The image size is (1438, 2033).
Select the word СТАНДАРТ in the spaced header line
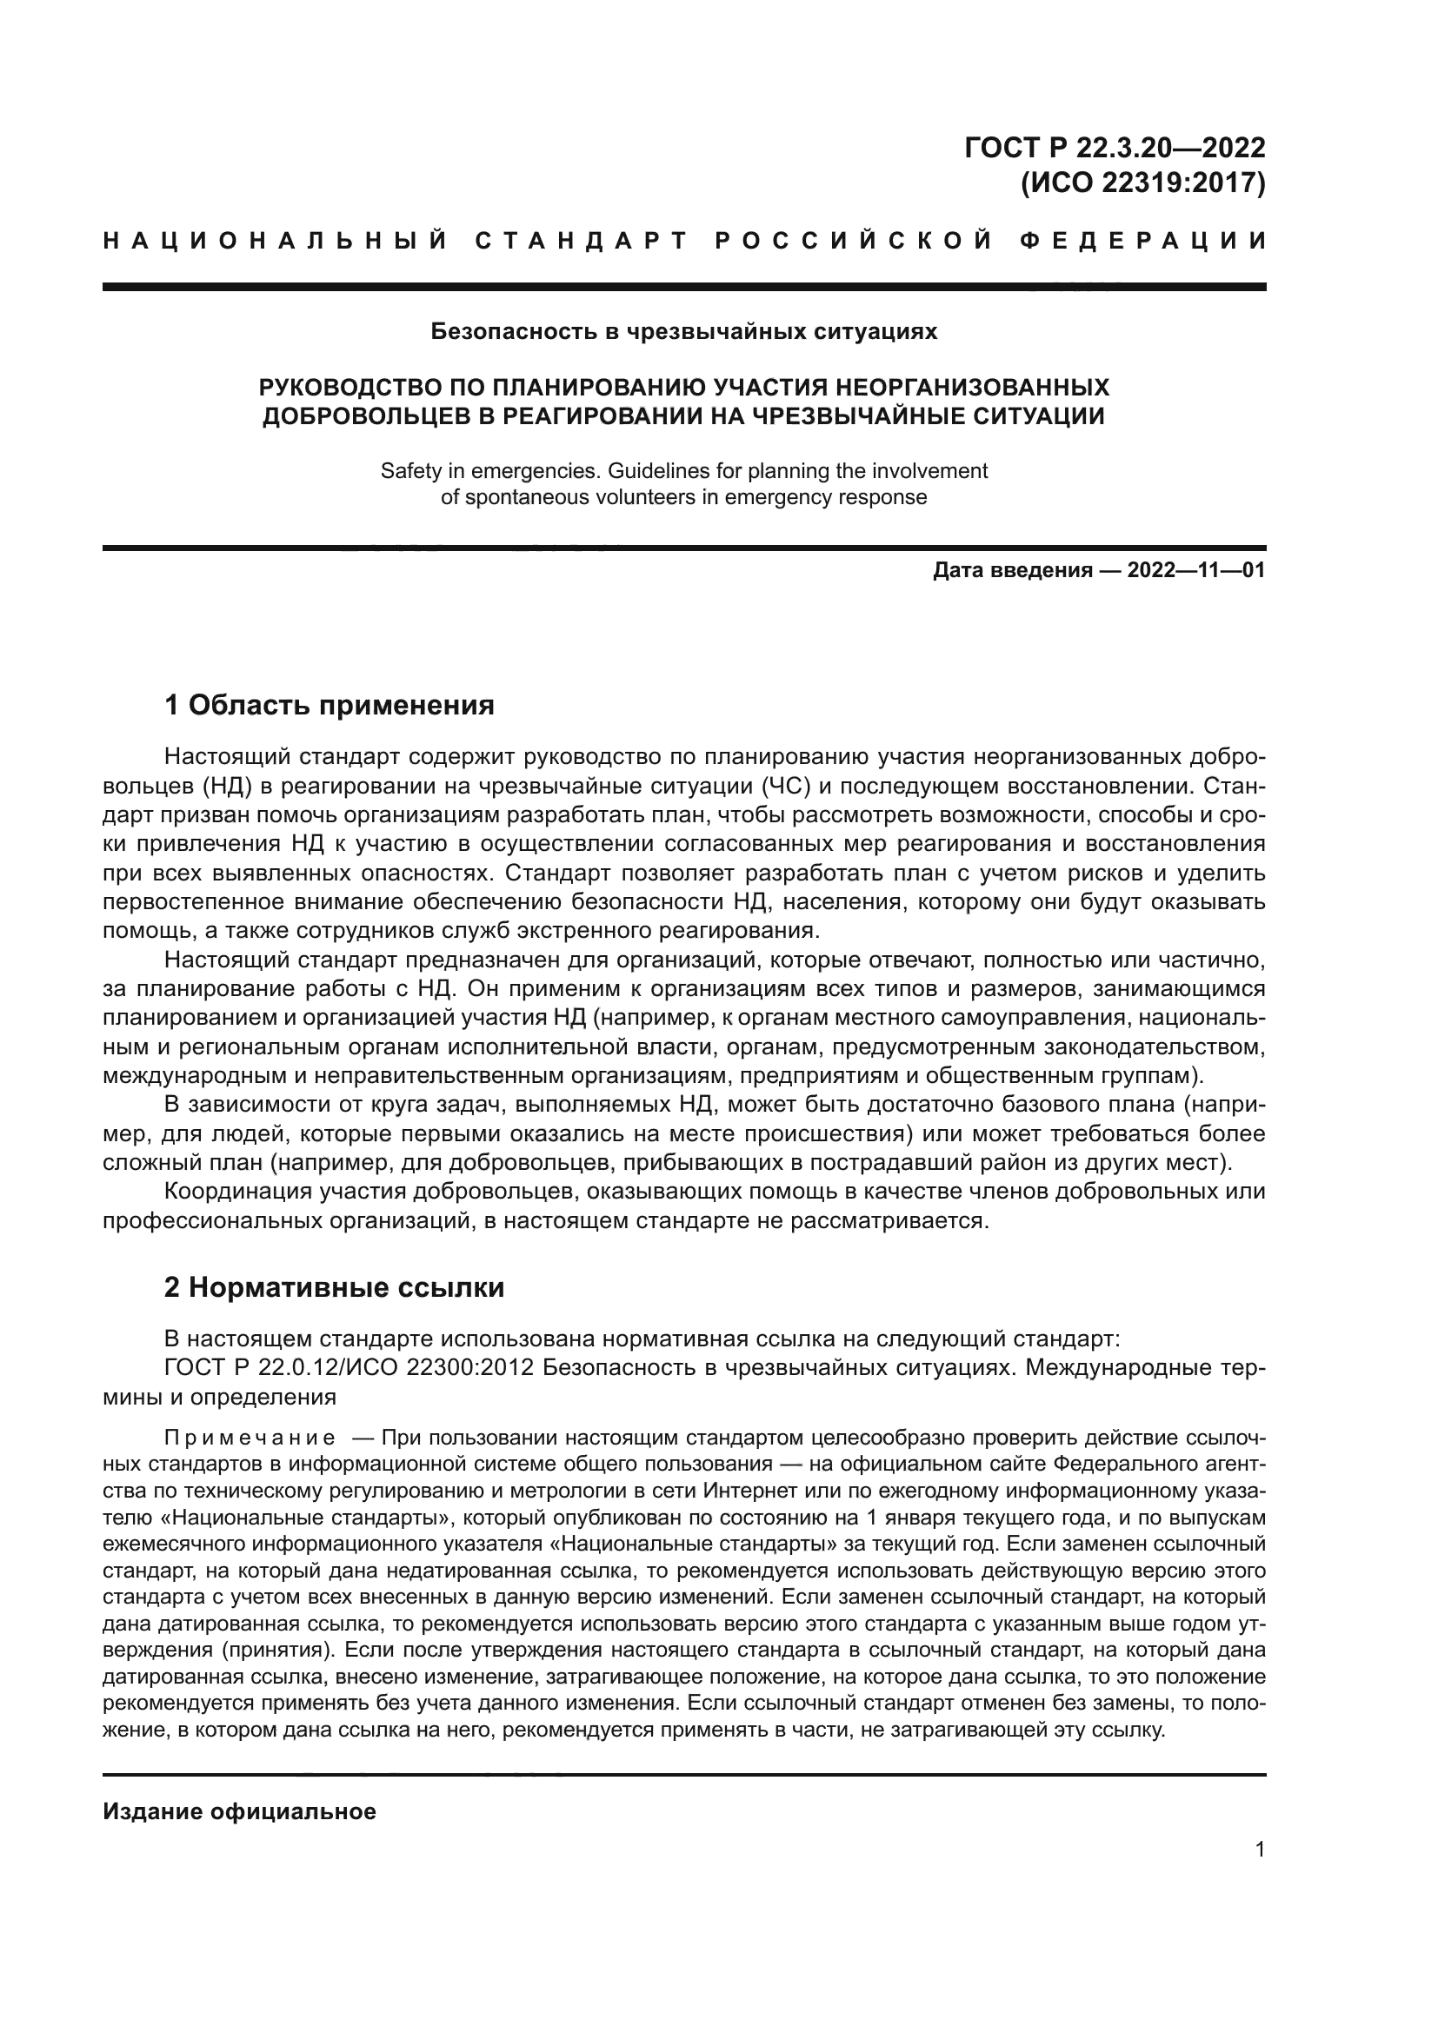click(581, 241)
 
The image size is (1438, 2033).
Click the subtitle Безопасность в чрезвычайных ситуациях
click(683, 332)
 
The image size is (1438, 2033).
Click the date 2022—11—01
click(1195, 570)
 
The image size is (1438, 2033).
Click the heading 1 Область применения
click(329, 706)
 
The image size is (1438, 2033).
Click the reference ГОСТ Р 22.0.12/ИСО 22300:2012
click(349, 1368)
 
